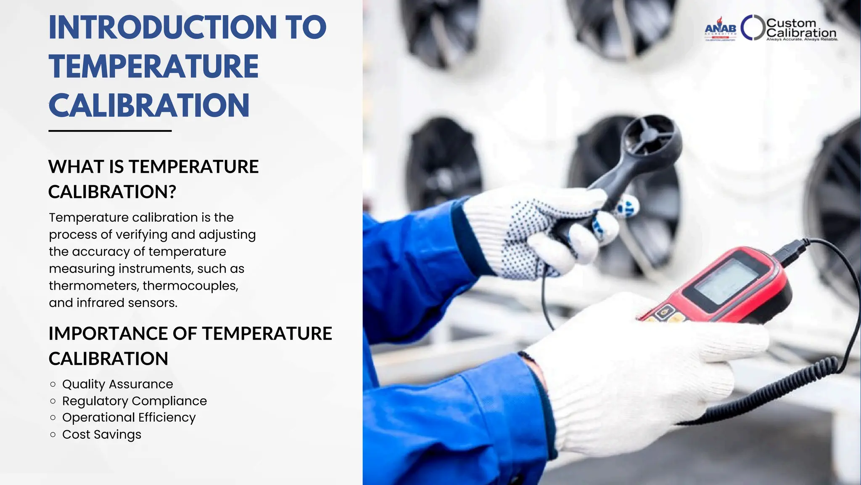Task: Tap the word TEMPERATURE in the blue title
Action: coord(153,67)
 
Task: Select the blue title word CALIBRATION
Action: coord(149,105)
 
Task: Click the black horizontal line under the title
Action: coord(110,131)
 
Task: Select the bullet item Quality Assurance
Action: coord(117,384)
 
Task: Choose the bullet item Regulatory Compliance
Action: coord(134,401)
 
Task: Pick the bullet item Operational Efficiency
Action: coord(129,417)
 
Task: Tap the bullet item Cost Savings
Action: coord(101,434)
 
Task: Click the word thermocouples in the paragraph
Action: coord(190,285)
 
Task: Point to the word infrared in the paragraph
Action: coord(100,303)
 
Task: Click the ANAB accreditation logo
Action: coord(720,29)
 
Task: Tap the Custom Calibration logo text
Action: coord(801,28)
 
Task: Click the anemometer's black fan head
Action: coord(652,139)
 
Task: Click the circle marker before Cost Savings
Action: coord(53,434)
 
